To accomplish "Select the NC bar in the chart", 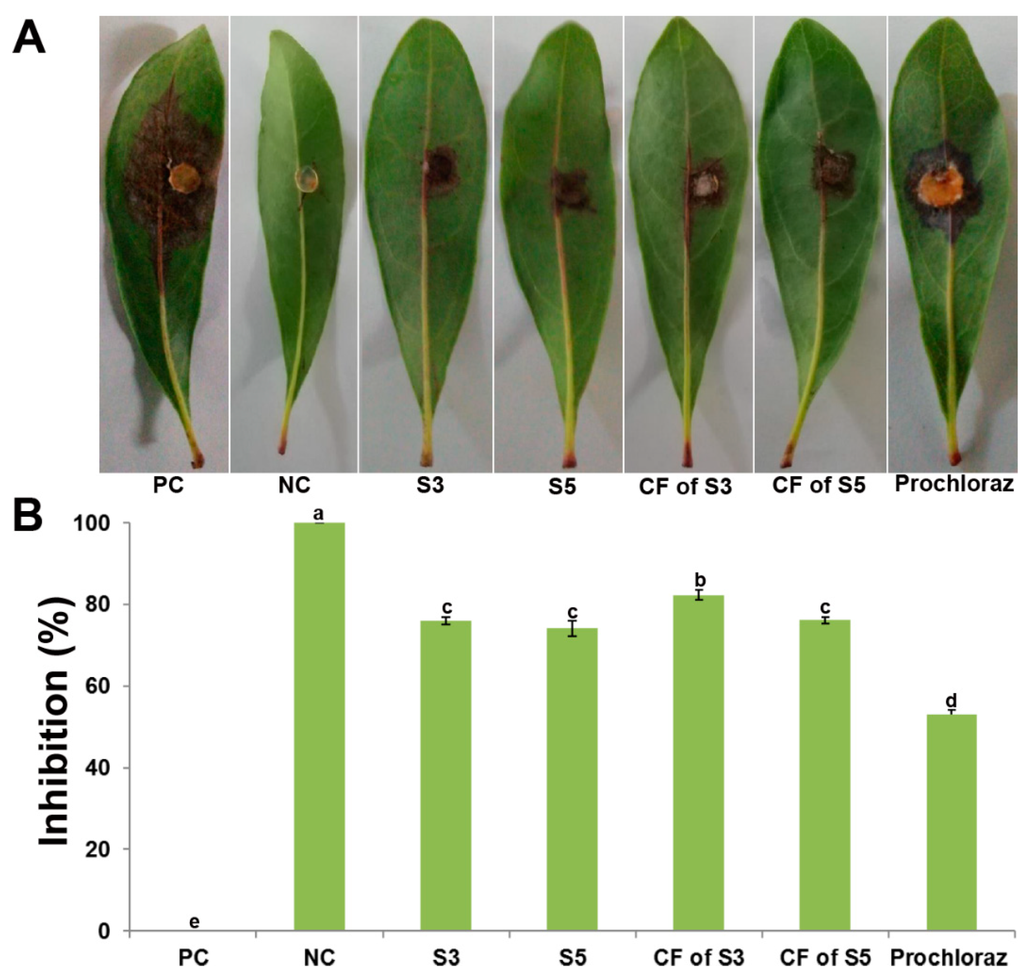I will [x=320, y=730].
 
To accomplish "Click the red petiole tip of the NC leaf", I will [x=282, y=448].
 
